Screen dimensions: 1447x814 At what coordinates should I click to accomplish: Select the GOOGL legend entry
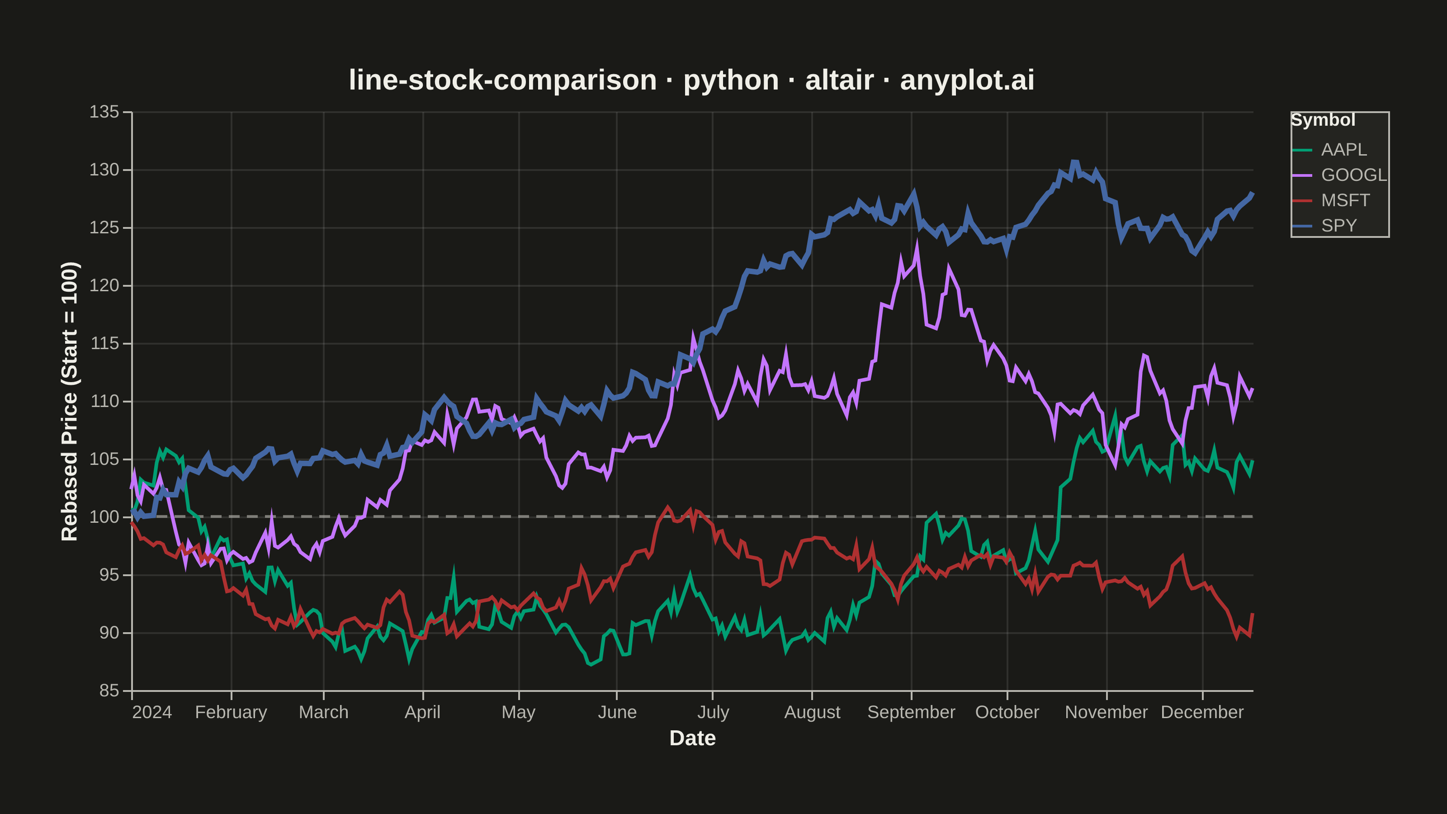1339,175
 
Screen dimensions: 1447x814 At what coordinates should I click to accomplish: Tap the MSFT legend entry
1331,200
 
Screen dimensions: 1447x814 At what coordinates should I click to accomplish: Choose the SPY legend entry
1324,226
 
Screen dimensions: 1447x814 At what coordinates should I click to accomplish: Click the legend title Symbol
1323,120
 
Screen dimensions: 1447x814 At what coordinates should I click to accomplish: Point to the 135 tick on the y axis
104,112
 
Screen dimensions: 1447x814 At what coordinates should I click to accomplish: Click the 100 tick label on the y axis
104,517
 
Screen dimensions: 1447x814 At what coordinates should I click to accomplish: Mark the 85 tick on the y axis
109,691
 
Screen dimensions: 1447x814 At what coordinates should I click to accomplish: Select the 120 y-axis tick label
104,285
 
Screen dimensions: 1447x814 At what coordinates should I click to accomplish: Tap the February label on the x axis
231,712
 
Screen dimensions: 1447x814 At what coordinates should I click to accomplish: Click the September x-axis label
911,712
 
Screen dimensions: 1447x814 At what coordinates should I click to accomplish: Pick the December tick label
1202,712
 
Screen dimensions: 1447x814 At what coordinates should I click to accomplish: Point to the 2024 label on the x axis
151,712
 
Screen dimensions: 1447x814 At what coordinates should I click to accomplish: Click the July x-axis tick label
713,712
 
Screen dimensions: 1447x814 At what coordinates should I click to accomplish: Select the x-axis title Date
693,738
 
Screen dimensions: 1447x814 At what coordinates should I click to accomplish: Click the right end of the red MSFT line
1253,614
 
